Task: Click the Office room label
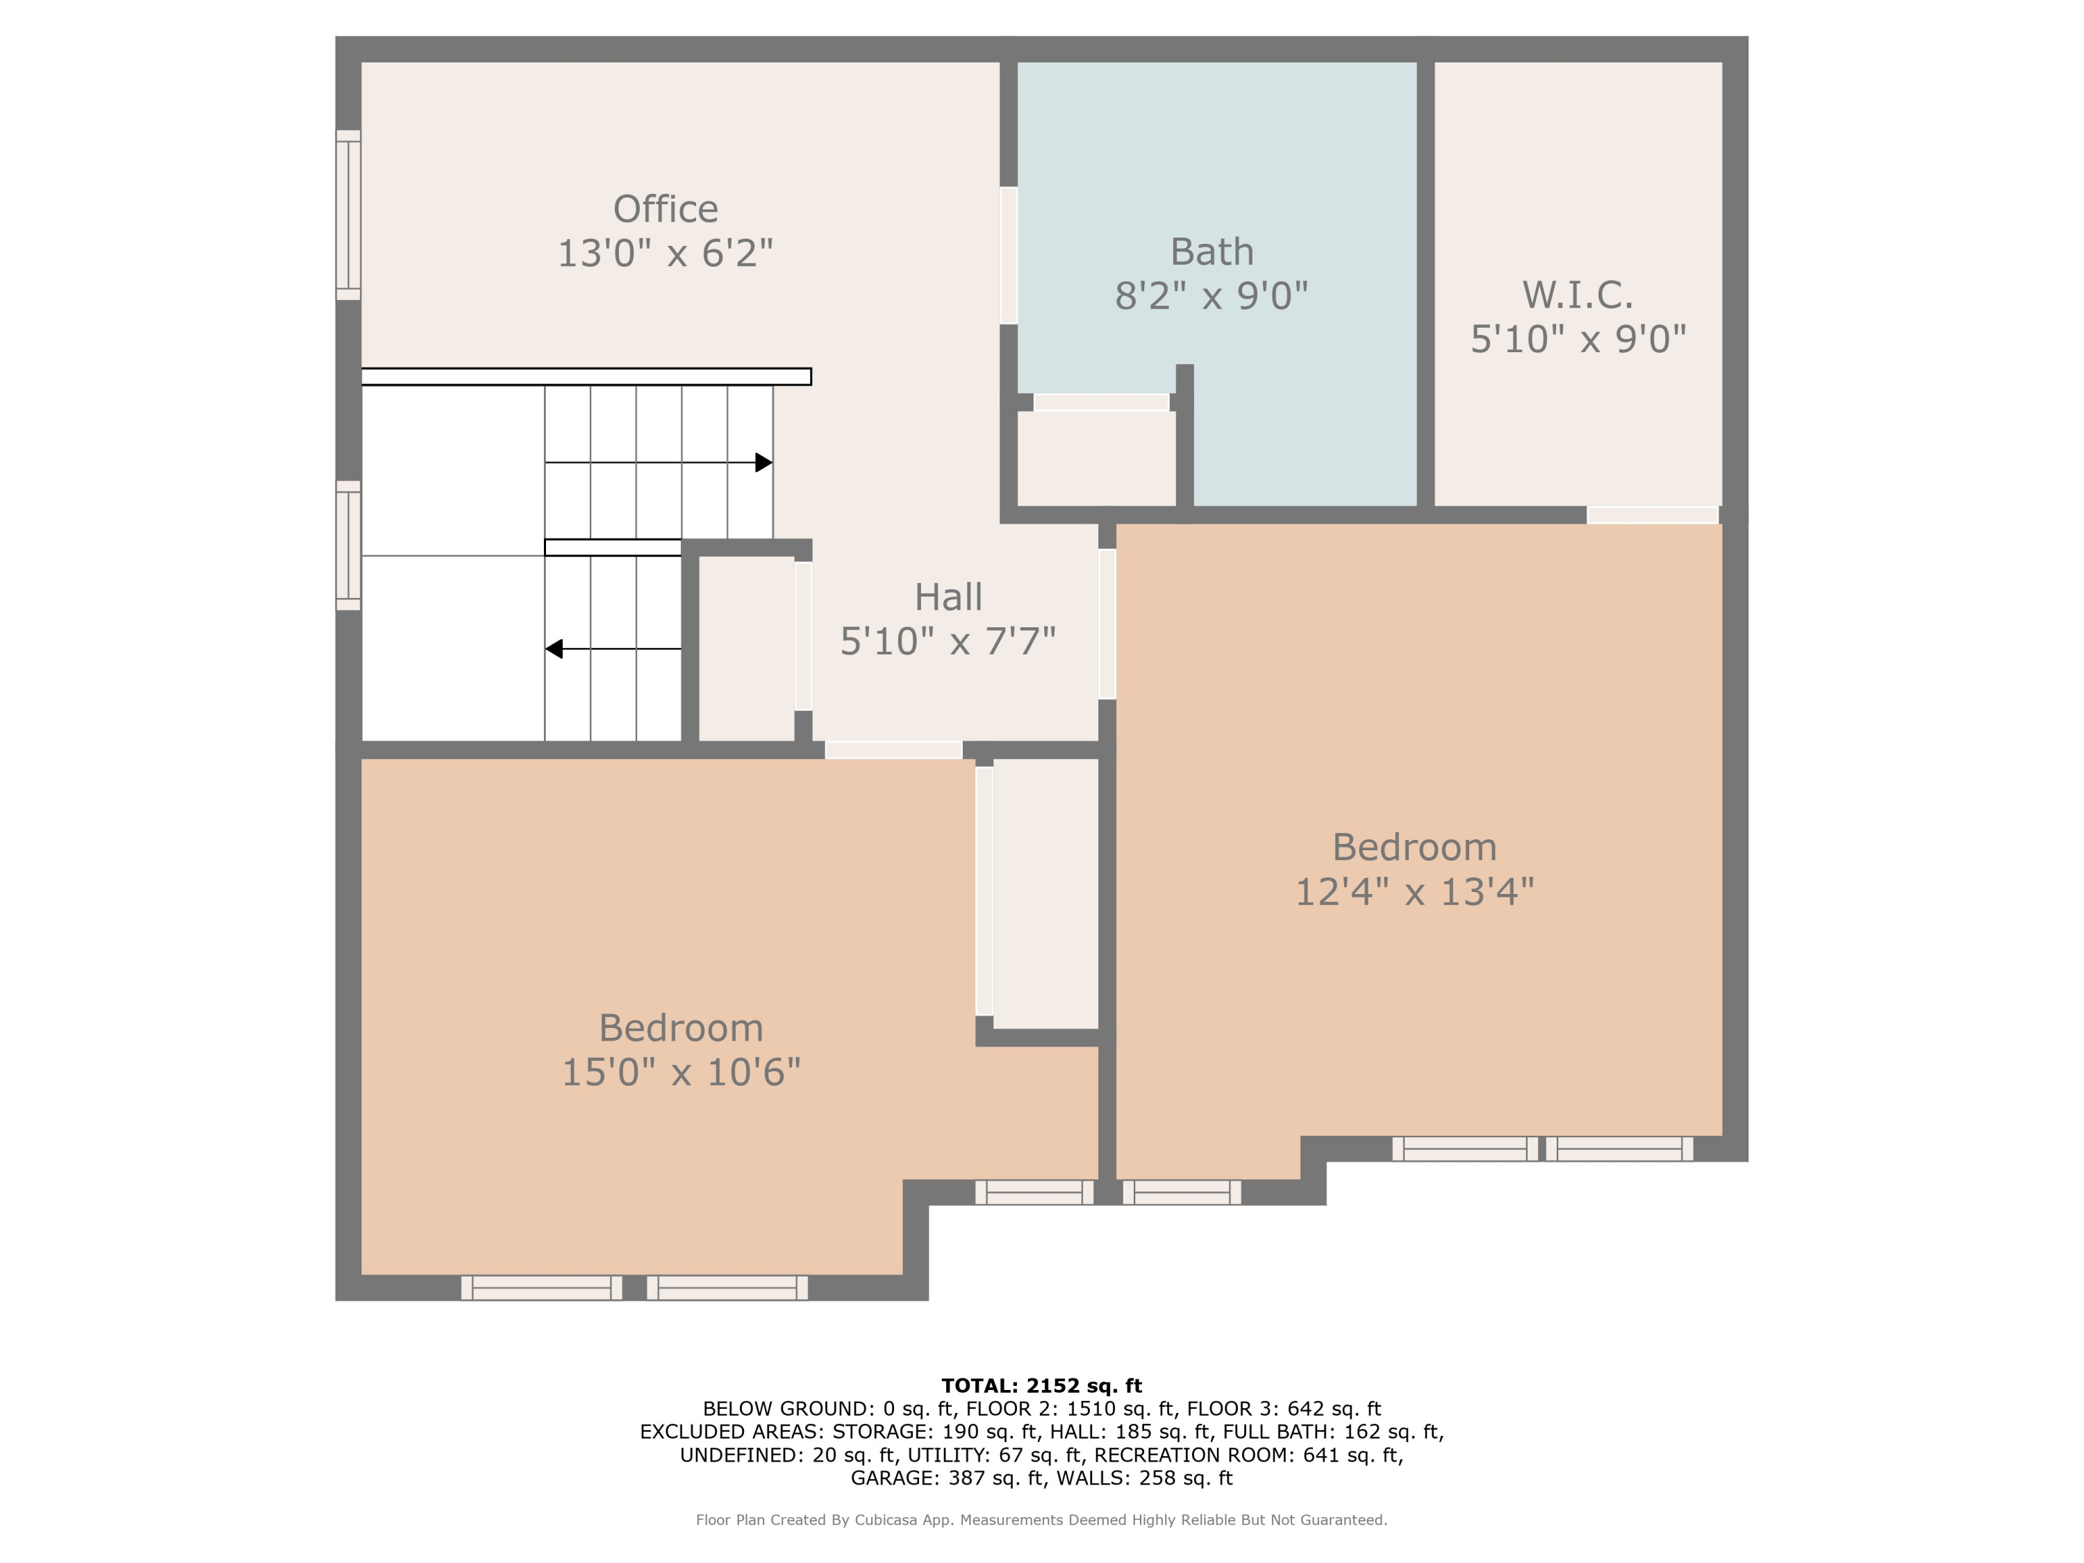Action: click(x=665, y=209)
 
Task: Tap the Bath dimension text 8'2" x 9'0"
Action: click(x=1211, y=296)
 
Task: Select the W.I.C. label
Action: click(x=1578, y=295)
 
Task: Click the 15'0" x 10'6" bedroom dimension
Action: click(x=681, y=1072)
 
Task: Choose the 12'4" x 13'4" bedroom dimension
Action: click(x=1414, y=891)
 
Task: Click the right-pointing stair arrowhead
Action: click(x=764, y=463)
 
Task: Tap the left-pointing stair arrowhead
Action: click(x=554, y=649)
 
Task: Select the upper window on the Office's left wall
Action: click(x=349, y=215)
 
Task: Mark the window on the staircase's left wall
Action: click(x=349, y=545)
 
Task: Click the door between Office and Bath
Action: click(x=1008, y=256)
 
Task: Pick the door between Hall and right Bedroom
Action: click(x=1107, y=624)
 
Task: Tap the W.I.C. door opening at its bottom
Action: click(x=1653, y=515)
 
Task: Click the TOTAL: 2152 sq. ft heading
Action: click(x=1041, y=1386)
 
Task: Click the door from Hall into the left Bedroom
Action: click(x=893, y=750)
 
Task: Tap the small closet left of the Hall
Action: click(x=746, y=649)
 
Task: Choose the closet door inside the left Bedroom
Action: click(x=984, y=891)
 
